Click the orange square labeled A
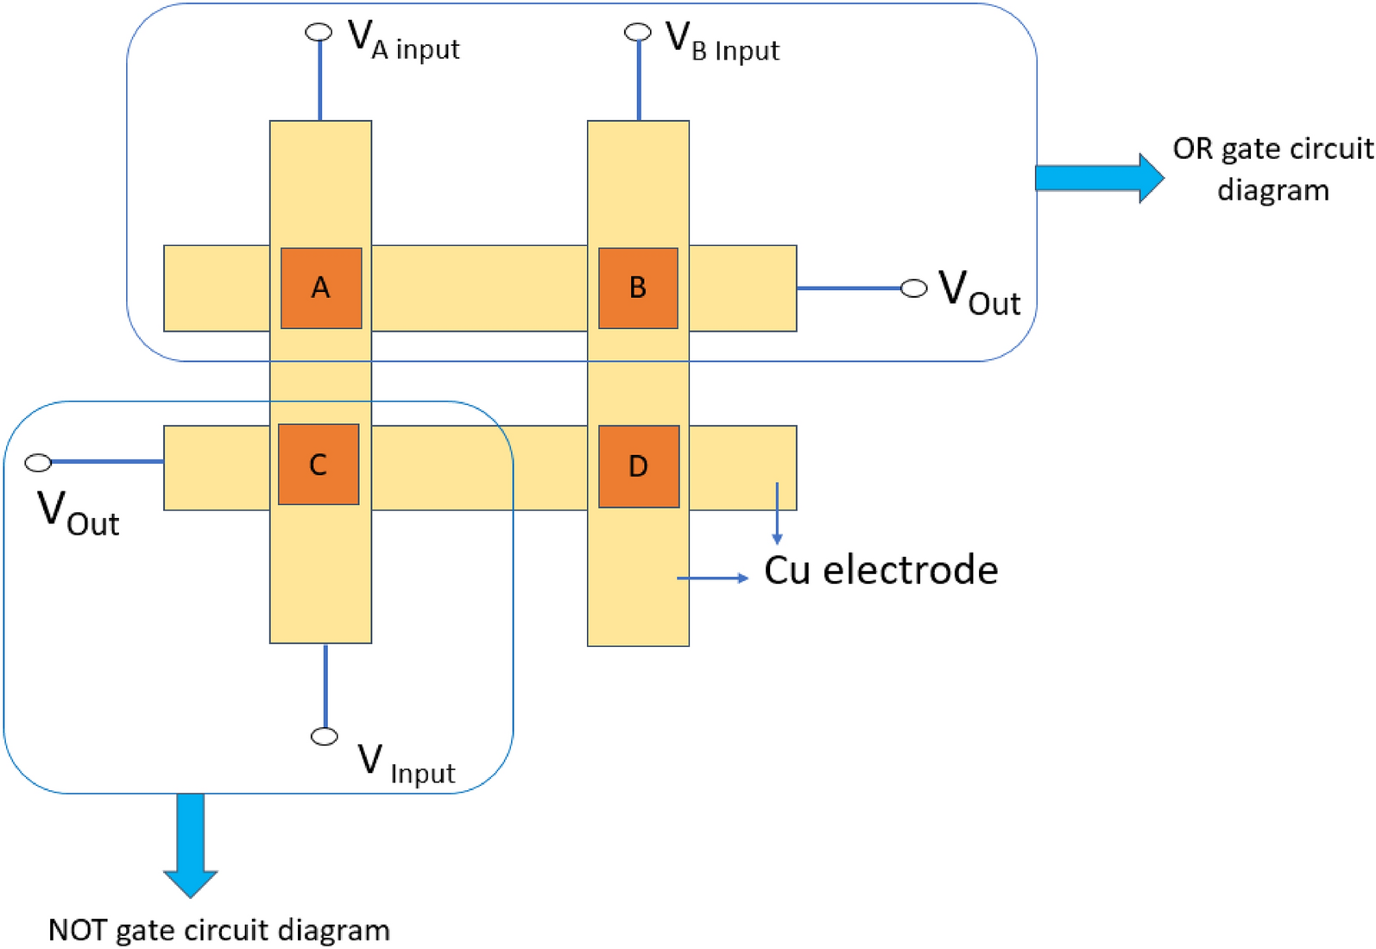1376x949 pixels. click(320, 288)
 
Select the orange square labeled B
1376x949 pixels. click(638, 288)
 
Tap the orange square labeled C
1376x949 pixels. click(318, 465)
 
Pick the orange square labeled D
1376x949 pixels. click(638, 466)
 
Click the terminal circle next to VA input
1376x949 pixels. click(319, 32)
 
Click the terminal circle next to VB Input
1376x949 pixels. click(637, 32)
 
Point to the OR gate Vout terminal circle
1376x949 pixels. click(913, 288)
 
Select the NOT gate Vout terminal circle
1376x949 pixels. click(38, 463)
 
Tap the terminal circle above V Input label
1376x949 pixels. click(324, 736)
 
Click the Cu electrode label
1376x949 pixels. click(881, 570)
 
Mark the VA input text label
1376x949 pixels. click(403, 41)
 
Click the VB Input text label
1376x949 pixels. click(723, 41)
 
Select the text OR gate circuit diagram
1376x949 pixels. click(1272, 169)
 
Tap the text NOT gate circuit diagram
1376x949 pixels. click(219, 930)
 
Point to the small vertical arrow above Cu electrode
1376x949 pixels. click(777, 513)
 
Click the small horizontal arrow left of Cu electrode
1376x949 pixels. click(712, 578)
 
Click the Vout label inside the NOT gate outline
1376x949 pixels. click(79, 513)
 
